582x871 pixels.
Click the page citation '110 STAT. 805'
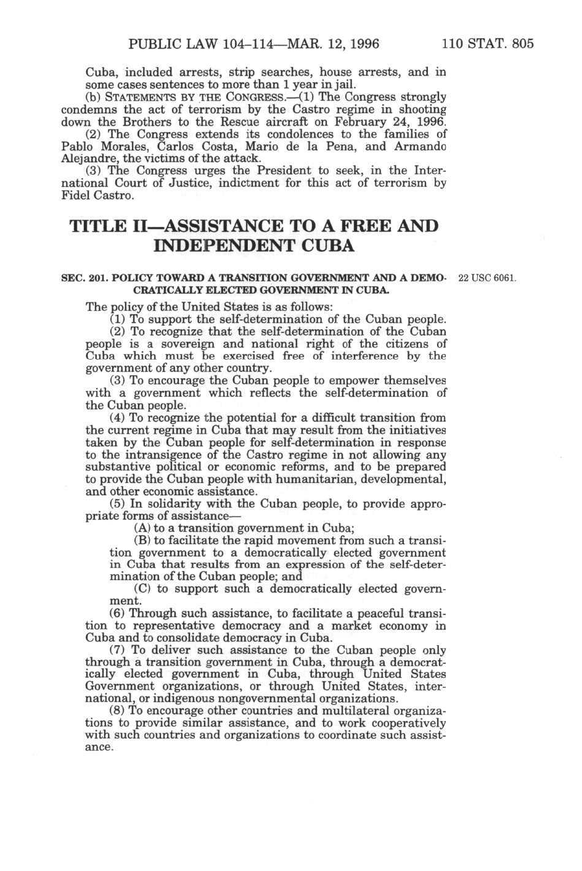[x=488, y=44]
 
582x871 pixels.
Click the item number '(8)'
[x=117, y=711]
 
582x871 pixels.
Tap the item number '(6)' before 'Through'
[x=117, y=613]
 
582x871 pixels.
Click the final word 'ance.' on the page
[x=99, y=747]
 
